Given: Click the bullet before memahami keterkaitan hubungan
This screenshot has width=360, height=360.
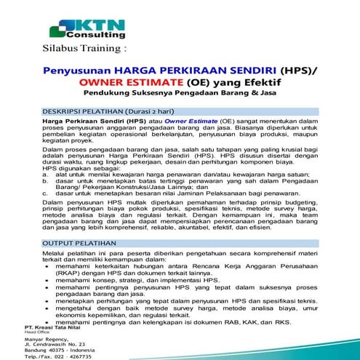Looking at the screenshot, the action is coord(47,268).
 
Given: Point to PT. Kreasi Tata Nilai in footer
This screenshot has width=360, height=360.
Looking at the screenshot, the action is coord(49,327).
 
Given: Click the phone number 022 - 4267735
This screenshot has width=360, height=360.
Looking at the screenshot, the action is coord(74,357).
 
